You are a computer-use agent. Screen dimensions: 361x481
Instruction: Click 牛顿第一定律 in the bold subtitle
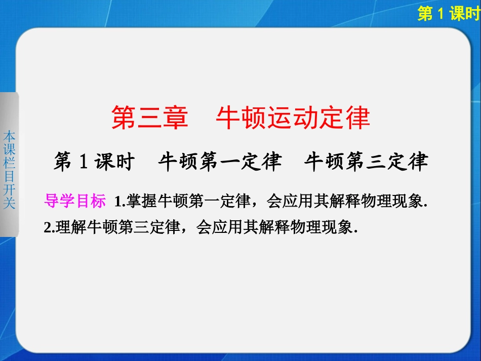[220, 162]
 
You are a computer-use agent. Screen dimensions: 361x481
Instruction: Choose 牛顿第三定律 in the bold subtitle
[366, 162]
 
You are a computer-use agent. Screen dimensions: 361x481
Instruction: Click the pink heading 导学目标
[75, 202]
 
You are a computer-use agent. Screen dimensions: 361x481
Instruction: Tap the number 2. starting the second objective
[50, 228]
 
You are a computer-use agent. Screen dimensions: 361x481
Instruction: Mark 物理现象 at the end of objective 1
[395, 202]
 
